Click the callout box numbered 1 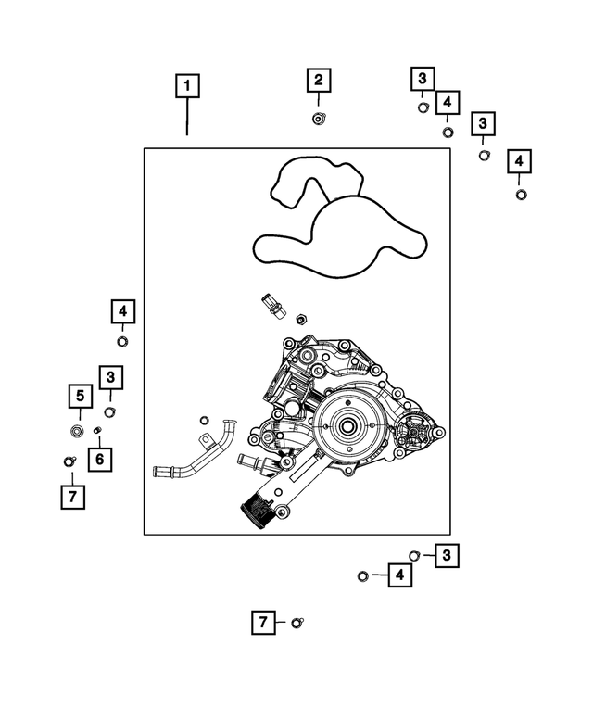point(187,88)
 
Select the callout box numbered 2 point(318,81)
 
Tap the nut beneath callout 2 point(318,118)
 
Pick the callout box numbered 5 point(81,397)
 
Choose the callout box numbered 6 point(99,457)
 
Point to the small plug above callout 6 point(97,431)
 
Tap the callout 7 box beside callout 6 point(71,497)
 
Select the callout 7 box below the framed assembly point(263,623)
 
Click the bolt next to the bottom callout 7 point(296,623)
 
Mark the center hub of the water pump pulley point(348,427)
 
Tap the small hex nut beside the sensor point(300,320)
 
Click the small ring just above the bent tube point(205,420)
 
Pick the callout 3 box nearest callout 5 point(110,377)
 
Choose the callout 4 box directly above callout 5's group point(123,311)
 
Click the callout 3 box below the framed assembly point(448,555)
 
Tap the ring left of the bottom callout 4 point(363,576)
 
